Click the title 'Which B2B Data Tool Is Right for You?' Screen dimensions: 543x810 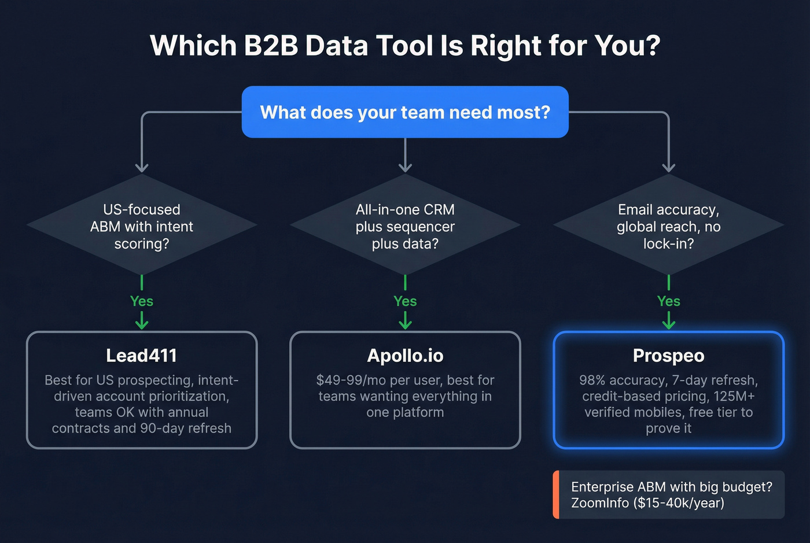click(405, 46)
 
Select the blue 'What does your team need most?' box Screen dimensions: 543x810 click(405, 112)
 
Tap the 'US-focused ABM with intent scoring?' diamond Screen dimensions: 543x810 click(142, 226)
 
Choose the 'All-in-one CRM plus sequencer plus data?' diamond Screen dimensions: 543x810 click(405, 226)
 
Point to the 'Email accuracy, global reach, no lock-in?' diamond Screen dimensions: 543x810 click(668, 226)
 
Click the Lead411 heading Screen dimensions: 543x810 click(142, 355)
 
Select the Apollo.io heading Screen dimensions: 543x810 click(405, 355)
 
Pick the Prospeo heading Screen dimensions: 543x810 click(668, 355)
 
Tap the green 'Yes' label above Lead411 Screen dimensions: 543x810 click(142, 301)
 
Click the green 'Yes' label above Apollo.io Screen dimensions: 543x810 click(405, 301)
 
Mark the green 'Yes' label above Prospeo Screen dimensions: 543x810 click(668, 301)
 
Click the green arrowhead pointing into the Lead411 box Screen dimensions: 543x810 click(142, 324)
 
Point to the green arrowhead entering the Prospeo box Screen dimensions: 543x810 click(668, 324)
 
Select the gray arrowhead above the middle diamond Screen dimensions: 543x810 click(405, 168)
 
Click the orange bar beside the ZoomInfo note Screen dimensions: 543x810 click(556, 494)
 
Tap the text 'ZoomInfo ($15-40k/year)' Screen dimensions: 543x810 click(647, 503)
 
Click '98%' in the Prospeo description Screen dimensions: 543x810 click(592, 380)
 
